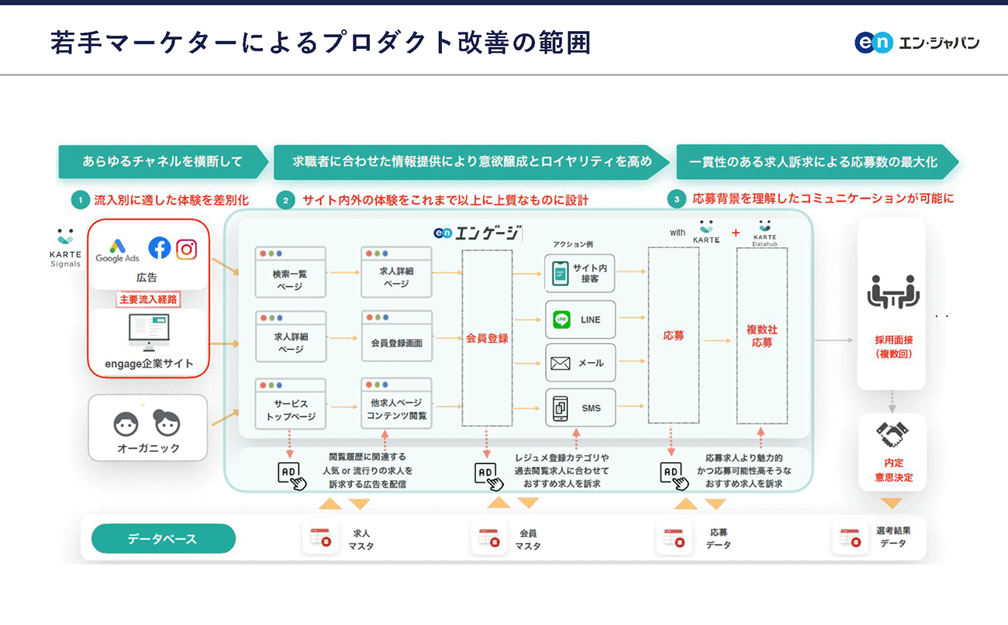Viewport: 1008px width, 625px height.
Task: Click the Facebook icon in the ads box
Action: tap(159, 248)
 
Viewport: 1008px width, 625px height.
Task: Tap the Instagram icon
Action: tap(186, 249)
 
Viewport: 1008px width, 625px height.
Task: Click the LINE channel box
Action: tap(580, 319)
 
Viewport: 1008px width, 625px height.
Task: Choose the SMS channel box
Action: tap(580, 408)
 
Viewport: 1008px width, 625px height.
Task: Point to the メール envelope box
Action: tap(580, 363)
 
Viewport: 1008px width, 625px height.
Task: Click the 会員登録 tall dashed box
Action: tap(487, 338)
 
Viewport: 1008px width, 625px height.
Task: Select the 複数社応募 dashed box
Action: tap(761, 336)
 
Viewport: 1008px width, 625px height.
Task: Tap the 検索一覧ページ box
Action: tap(290, 272)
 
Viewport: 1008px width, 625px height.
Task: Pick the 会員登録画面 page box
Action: tap(396, 336)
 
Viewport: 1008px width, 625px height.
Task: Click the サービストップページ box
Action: tap(290, 404)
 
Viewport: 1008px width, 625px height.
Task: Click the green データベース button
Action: tap(163, 539)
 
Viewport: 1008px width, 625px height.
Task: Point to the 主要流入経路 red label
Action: tap(148, 299)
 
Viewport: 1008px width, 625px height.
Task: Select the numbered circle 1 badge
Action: tap(80, 200)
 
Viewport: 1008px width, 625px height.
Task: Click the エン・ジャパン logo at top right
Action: tap(917, 43)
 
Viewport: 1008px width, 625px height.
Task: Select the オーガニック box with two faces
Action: tap(147, 427)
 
